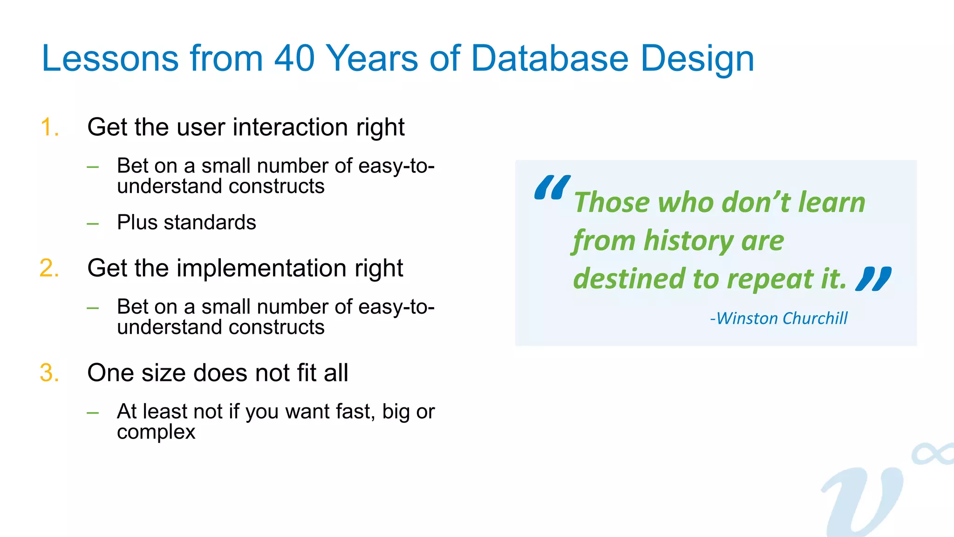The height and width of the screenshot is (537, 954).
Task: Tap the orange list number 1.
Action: pyautogui.click(x=49, y=127)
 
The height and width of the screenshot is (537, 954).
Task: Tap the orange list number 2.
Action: pyautogui.click(x=49, y=268)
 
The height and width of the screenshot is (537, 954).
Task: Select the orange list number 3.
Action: pyautogui.click(x=49, y=373)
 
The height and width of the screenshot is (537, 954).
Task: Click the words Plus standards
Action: pyautogui.click(x=186, y=222)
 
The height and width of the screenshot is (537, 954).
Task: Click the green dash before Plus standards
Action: pyautogui.click(x=93, y=224)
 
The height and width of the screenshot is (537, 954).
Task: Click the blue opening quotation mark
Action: pyautogui.click(x=552, y=187)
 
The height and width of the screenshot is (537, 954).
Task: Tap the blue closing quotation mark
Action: pyautogui.click(x=873, y=279)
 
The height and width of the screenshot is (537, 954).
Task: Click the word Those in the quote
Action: pyautogui.click(x=612, y=203)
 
